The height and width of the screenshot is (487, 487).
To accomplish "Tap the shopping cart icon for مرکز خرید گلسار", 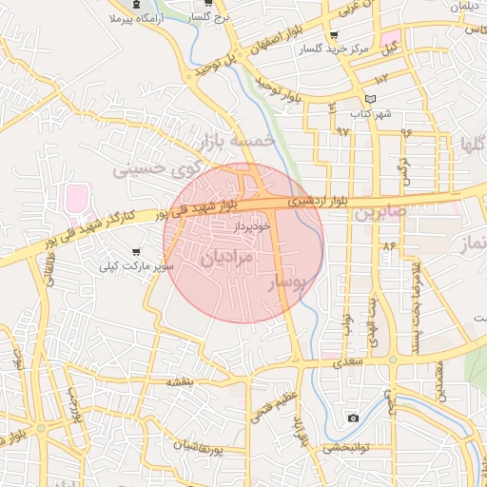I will (333, 36).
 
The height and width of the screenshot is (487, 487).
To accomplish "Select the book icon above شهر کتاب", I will (371, 99).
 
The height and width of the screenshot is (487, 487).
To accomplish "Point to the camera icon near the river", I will (354, 418).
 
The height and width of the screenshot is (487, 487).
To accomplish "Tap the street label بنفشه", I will (180, 381).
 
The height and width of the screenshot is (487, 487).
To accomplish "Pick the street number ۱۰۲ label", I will (382, 78).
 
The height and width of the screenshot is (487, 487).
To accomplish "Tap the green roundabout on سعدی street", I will (392, 360).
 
